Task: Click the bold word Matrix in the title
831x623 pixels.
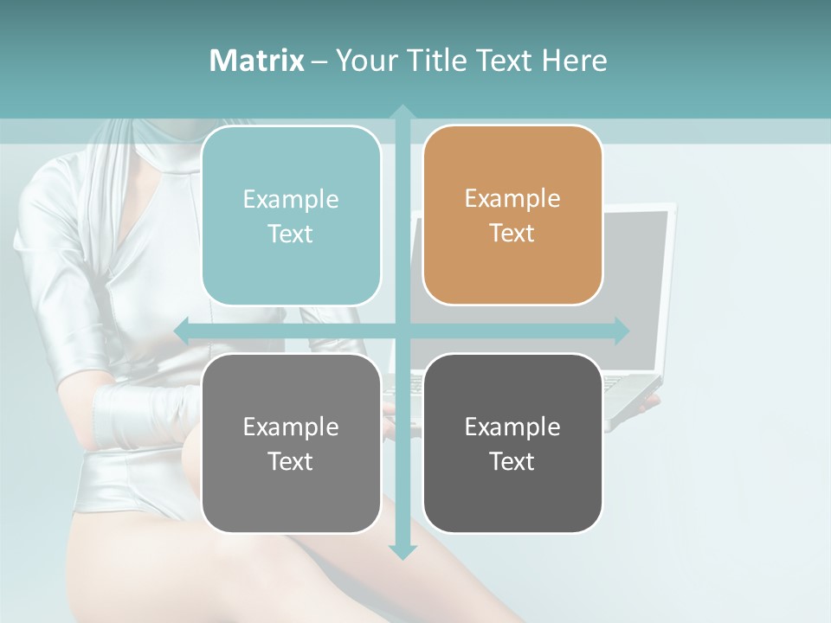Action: pyautogui.click(x=256, y=61)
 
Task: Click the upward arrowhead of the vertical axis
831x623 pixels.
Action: pyautogui.click(x=403, y=112)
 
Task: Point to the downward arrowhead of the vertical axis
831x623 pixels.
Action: pyautogui.click(x=403, y=552)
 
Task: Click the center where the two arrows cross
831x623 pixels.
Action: pyautogui.click(x=403, y=331)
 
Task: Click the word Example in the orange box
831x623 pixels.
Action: pyautogui.click(x=512, y=198)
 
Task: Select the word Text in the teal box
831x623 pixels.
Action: pyautogui.click(x=290, y=234)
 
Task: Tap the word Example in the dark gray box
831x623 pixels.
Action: pyautogui.click(x=512, y=427)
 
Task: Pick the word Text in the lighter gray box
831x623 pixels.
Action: pyautogui.click(x=290, y=461)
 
